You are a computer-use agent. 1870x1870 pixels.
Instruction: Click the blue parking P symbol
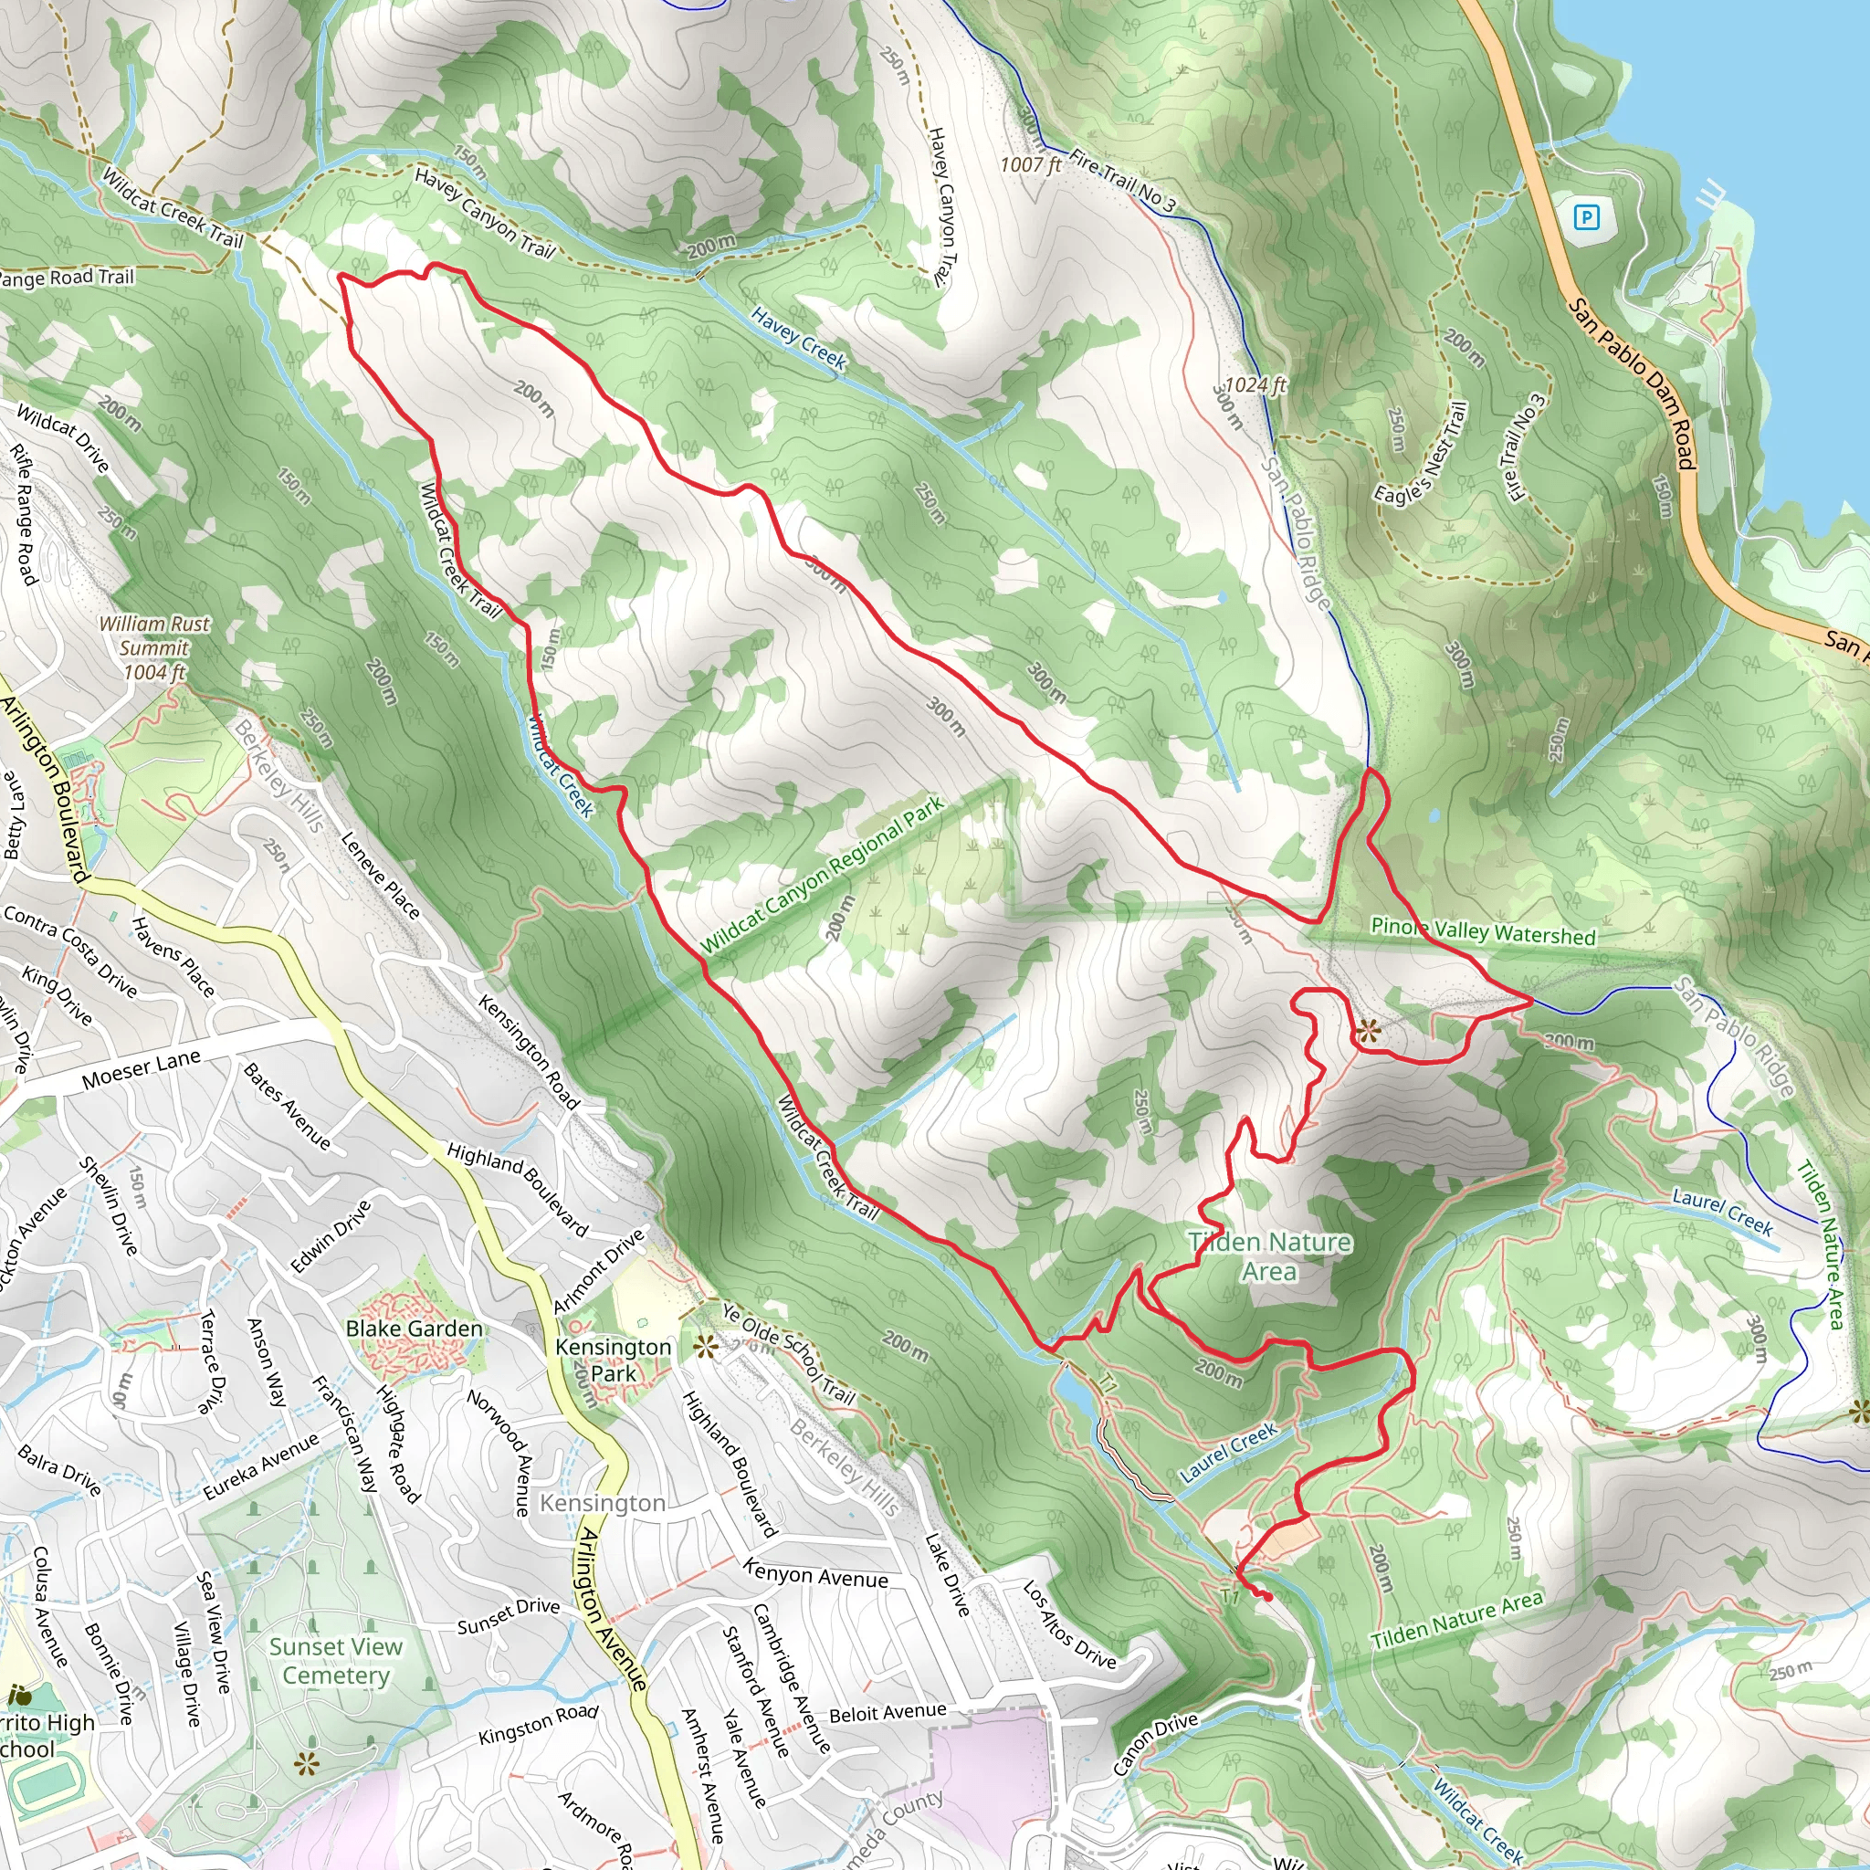coord(1585,216)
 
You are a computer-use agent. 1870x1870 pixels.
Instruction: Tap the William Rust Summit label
coord(154,647)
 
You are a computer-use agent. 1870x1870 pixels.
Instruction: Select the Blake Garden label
coord(414,1328)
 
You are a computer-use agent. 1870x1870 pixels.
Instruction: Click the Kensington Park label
coord(613,1360)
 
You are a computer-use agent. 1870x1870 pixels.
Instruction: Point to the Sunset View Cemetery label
coord(335,1661)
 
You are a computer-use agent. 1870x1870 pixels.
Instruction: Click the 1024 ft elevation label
coord(1255,384)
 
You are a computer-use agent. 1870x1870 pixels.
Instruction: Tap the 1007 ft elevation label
coord(1030,164)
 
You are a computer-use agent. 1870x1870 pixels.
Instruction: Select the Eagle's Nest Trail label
coord(1420,453)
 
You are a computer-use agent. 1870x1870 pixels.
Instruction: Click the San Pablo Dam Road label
coord(1632,383)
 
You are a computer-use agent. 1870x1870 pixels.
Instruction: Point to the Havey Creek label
coord(799,339)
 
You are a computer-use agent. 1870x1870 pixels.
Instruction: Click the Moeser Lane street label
coord(141,1068)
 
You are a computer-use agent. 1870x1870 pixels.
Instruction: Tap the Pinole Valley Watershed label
coord(1483,931)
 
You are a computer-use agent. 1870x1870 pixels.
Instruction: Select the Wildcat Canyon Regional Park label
coord(822,875)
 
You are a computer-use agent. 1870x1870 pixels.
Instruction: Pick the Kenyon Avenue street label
coord(815,1573)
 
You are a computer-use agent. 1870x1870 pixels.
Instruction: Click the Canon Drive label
coord(1155,1743)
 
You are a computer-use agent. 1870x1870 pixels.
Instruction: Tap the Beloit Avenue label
coord(887,1712)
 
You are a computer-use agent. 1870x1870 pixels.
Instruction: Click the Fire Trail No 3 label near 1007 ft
coord(1123,180)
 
